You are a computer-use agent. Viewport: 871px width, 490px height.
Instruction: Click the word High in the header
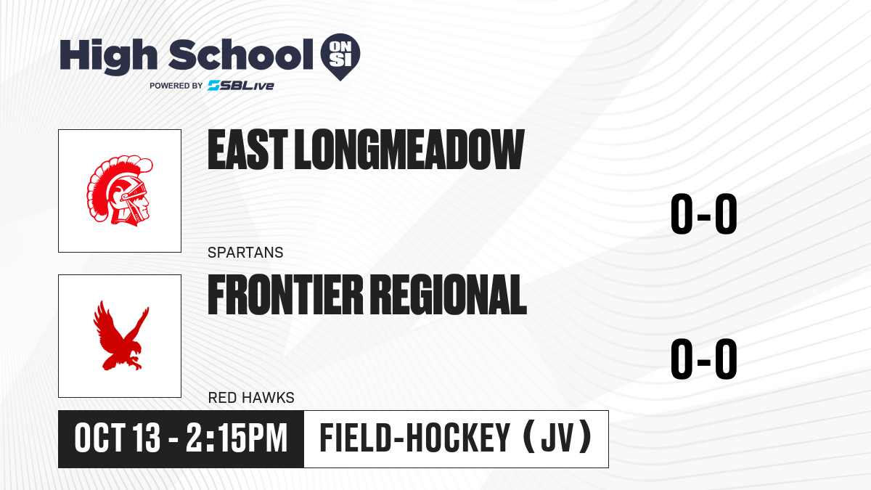coord(108,56)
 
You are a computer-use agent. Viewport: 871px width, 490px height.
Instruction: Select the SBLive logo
coord(241,85)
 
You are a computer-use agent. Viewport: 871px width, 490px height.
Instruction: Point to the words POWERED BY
coord(176,86)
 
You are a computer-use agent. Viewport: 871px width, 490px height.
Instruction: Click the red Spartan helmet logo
coord(119,190)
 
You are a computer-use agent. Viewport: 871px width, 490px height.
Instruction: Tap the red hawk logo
coord(121,335)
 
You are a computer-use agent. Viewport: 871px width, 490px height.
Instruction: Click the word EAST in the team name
coord(248,150)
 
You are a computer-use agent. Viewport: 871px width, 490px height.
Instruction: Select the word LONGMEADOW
coord(409,150)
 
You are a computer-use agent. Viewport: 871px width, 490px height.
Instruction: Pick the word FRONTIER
coord(285,295)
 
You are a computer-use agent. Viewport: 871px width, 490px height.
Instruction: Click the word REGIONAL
coord(449,295)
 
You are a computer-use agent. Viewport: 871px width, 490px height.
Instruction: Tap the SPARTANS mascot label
coord(245,253)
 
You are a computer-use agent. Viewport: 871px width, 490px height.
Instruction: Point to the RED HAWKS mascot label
coord(251,398)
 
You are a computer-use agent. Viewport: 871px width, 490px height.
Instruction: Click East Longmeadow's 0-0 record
coord(704,213)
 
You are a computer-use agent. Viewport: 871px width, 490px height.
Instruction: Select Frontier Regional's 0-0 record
coord(704,359)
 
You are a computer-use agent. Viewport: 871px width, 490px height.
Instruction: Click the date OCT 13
coord(118,438)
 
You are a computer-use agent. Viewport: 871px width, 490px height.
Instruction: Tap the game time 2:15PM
coord(237,438)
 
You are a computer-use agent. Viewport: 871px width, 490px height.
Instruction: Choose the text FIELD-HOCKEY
coord(414,438)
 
